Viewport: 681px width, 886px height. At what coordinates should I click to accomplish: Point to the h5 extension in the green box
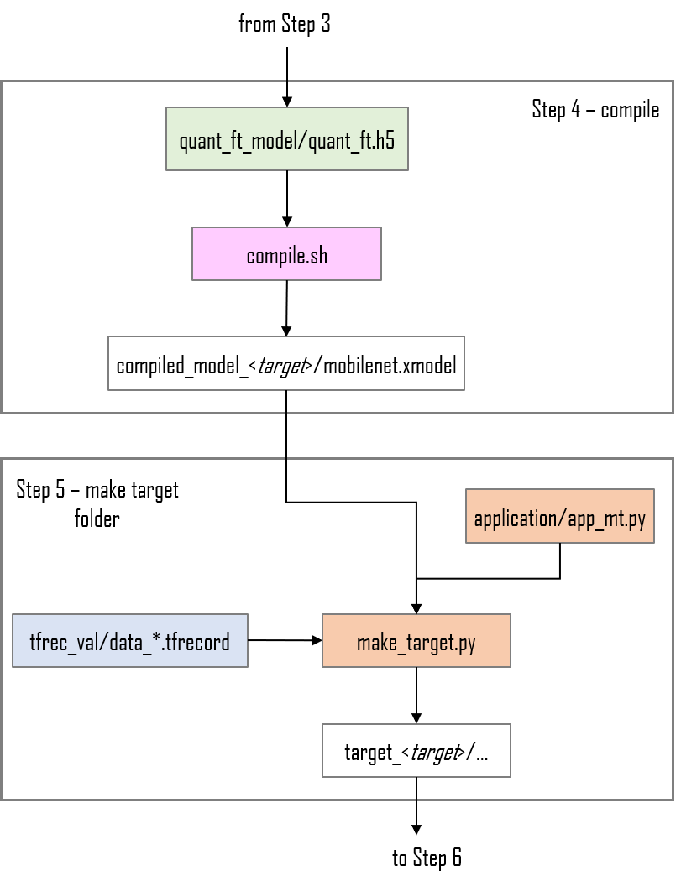(x=385, y=140)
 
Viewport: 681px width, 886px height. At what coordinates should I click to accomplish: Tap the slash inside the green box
(x=305, y=140)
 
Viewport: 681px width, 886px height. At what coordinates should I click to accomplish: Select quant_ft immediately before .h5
(x=341, y=140)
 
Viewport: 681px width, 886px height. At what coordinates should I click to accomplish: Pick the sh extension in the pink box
(x=318, y=255)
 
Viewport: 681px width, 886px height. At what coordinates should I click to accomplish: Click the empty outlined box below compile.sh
(x=286, y=363)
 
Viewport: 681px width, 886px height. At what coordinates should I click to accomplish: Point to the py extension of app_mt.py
(x=637, y=519)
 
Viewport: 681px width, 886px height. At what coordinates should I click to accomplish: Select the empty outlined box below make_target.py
(x=416, y=750)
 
